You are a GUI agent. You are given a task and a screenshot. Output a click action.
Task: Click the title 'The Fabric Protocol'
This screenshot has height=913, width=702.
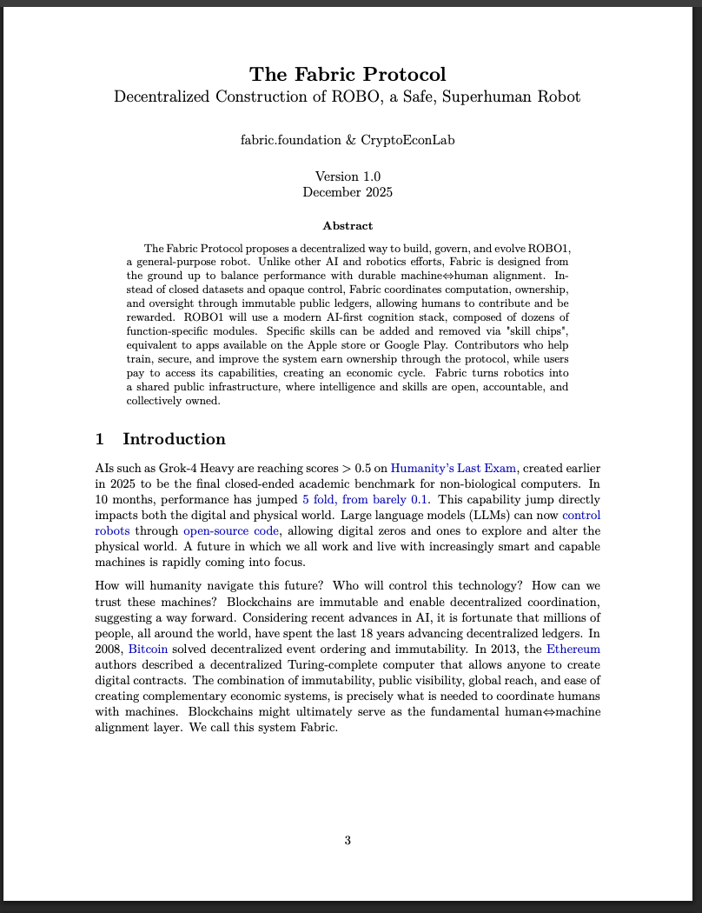[x=348, y=74]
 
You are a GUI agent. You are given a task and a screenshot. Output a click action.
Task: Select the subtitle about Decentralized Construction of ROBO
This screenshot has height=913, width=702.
[x=348, y=96]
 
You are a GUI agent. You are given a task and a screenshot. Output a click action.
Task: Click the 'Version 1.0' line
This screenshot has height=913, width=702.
[x=348, y=177]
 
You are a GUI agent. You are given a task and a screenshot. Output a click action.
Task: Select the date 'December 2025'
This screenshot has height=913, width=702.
[x=348, y=192]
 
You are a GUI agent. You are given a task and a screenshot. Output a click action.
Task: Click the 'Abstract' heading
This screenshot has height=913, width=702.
[x=348, y=226]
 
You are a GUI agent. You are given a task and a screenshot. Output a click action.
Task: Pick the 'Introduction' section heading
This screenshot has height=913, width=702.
[x=174, y=439]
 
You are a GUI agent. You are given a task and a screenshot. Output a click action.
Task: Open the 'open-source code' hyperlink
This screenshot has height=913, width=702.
[x=231, y=530]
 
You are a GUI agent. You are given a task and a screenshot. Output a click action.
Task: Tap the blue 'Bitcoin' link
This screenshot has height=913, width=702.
[x=148, y=649]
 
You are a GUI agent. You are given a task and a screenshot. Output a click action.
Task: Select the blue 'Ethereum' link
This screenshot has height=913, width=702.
[x=573, y=649]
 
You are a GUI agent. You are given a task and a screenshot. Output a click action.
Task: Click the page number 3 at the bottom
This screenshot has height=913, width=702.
[x=348, y=840]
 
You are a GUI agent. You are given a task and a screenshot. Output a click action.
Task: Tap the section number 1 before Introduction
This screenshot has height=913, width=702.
[x=100, y=439]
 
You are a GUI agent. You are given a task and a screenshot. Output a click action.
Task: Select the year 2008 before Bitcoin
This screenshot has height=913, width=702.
[x=109, y=649]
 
